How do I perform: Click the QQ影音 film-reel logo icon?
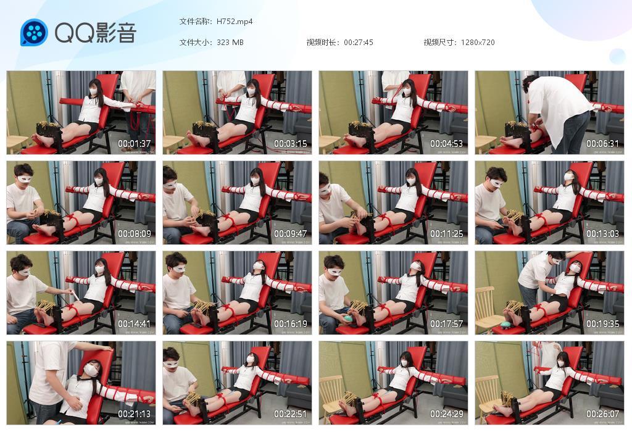click(x=34, y=33)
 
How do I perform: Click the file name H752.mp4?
click(x=235, y=22)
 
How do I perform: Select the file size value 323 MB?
click(x=230, y=43)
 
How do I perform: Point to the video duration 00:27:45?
click(x=359, y=43)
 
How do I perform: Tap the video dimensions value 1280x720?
click(x=478, y=43)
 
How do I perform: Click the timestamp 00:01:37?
click(x=135, y=144)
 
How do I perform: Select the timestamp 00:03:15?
click(x=291, y=144)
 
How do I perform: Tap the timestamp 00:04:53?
click(x=447, y=144)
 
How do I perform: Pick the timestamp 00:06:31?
click(x=603, y=144)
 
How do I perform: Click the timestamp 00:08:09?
click(x=135, y=234)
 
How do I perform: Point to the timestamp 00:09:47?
click(x=291, y=234)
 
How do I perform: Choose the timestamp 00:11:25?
click(x=447, y=234)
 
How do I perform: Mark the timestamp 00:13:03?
click(x=603, y=234)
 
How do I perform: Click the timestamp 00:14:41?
click(x=135, y=324)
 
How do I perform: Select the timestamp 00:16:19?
click(x=291, y=324)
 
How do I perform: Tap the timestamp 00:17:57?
click(x=447, y=324)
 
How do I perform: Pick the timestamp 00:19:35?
click(x=603, y=324)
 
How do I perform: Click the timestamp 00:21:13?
click(x=135, y=414)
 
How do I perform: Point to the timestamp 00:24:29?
click(x=447, y=414)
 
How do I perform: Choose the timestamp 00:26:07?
click(x=603, y=414)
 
